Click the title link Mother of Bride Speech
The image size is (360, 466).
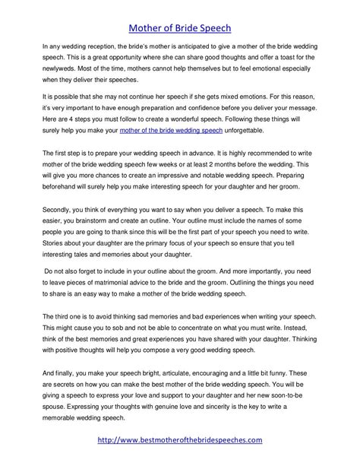pos(180,13)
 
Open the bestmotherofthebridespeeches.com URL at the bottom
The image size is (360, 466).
pos(180,439)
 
